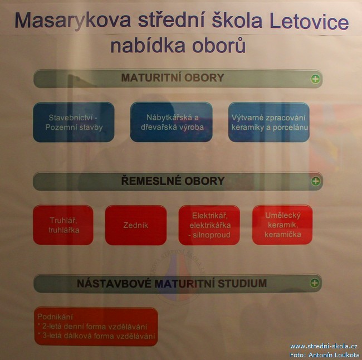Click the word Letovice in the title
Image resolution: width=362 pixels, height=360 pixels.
[309, 21]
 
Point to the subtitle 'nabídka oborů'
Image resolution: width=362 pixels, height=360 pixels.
[178, 45]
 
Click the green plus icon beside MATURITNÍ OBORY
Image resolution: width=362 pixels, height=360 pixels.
[315, 79]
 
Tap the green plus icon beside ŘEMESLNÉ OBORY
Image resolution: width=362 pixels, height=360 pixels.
[316, 181]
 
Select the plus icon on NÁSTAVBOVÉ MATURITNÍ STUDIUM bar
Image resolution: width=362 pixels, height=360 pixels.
[315, 283]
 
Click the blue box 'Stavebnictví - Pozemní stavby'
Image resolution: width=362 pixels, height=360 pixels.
[74, 122]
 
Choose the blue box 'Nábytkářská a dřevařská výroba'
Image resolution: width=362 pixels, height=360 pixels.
[172, 122]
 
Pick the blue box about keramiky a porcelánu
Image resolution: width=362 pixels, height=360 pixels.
[269, 122]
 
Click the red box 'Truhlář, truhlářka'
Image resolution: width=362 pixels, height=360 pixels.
[63, 225]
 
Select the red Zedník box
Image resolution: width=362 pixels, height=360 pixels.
[136, 225]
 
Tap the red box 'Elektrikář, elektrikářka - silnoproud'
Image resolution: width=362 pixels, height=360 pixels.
[209, 225]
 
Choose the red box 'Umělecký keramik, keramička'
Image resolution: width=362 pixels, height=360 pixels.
[282, 225]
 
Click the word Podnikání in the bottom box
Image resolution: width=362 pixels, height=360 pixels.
[55, 317]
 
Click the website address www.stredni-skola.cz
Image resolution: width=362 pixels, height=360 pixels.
[324, 346]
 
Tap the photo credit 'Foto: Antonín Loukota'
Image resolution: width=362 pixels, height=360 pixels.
[325, 354]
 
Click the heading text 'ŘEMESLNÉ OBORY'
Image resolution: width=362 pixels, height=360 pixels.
[173, 181]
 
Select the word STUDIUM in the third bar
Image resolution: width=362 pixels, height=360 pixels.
[242, 283]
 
